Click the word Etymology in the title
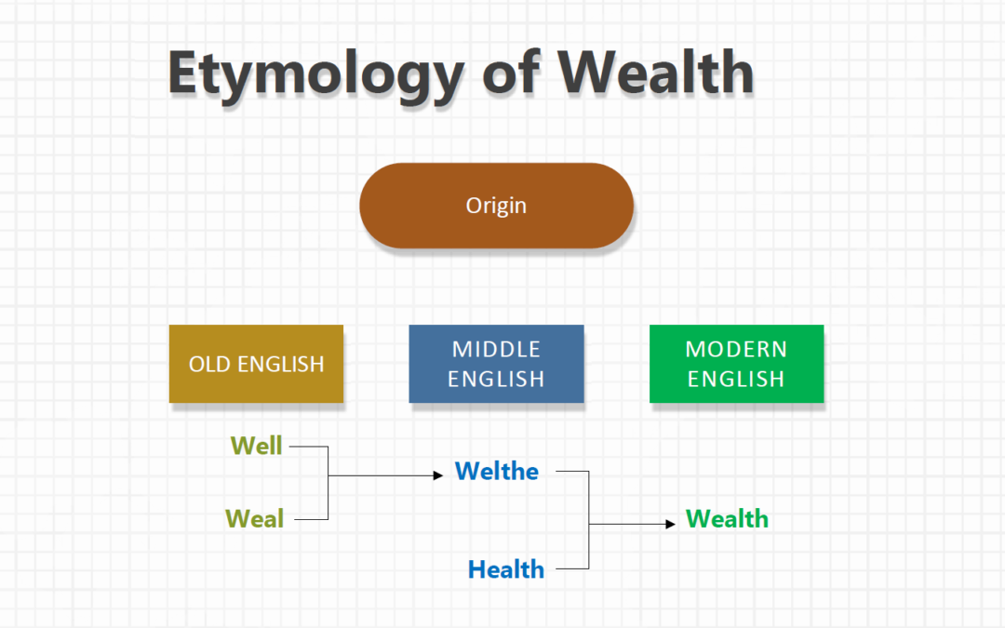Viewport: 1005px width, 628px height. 314,73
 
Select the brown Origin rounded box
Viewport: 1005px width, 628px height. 496,206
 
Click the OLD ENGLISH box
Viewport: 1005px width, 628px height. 256,364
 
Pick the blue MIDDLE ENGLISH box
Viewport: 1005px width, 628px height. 496,364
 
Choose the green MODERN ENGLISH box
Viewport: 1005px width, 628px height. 736,364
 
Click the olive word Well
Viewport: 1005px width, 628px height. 256,446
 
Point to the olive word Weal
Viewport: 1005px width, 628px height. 254,518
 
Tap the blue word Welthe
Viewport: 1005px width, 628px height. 497,472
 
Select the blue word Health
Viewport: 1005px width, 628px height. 505,568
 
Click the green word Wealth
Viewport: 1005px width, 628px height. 727,518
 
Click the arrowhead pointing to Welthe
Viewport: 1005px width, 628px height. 438,475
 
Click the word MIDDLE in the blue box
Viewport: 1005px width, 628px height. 496,349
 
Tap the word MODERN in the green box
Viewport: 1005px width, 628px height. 736,349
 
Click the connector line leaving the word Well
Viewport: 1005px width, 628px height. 309,447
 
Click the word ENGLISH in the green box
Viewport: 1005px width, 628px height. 736,379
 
